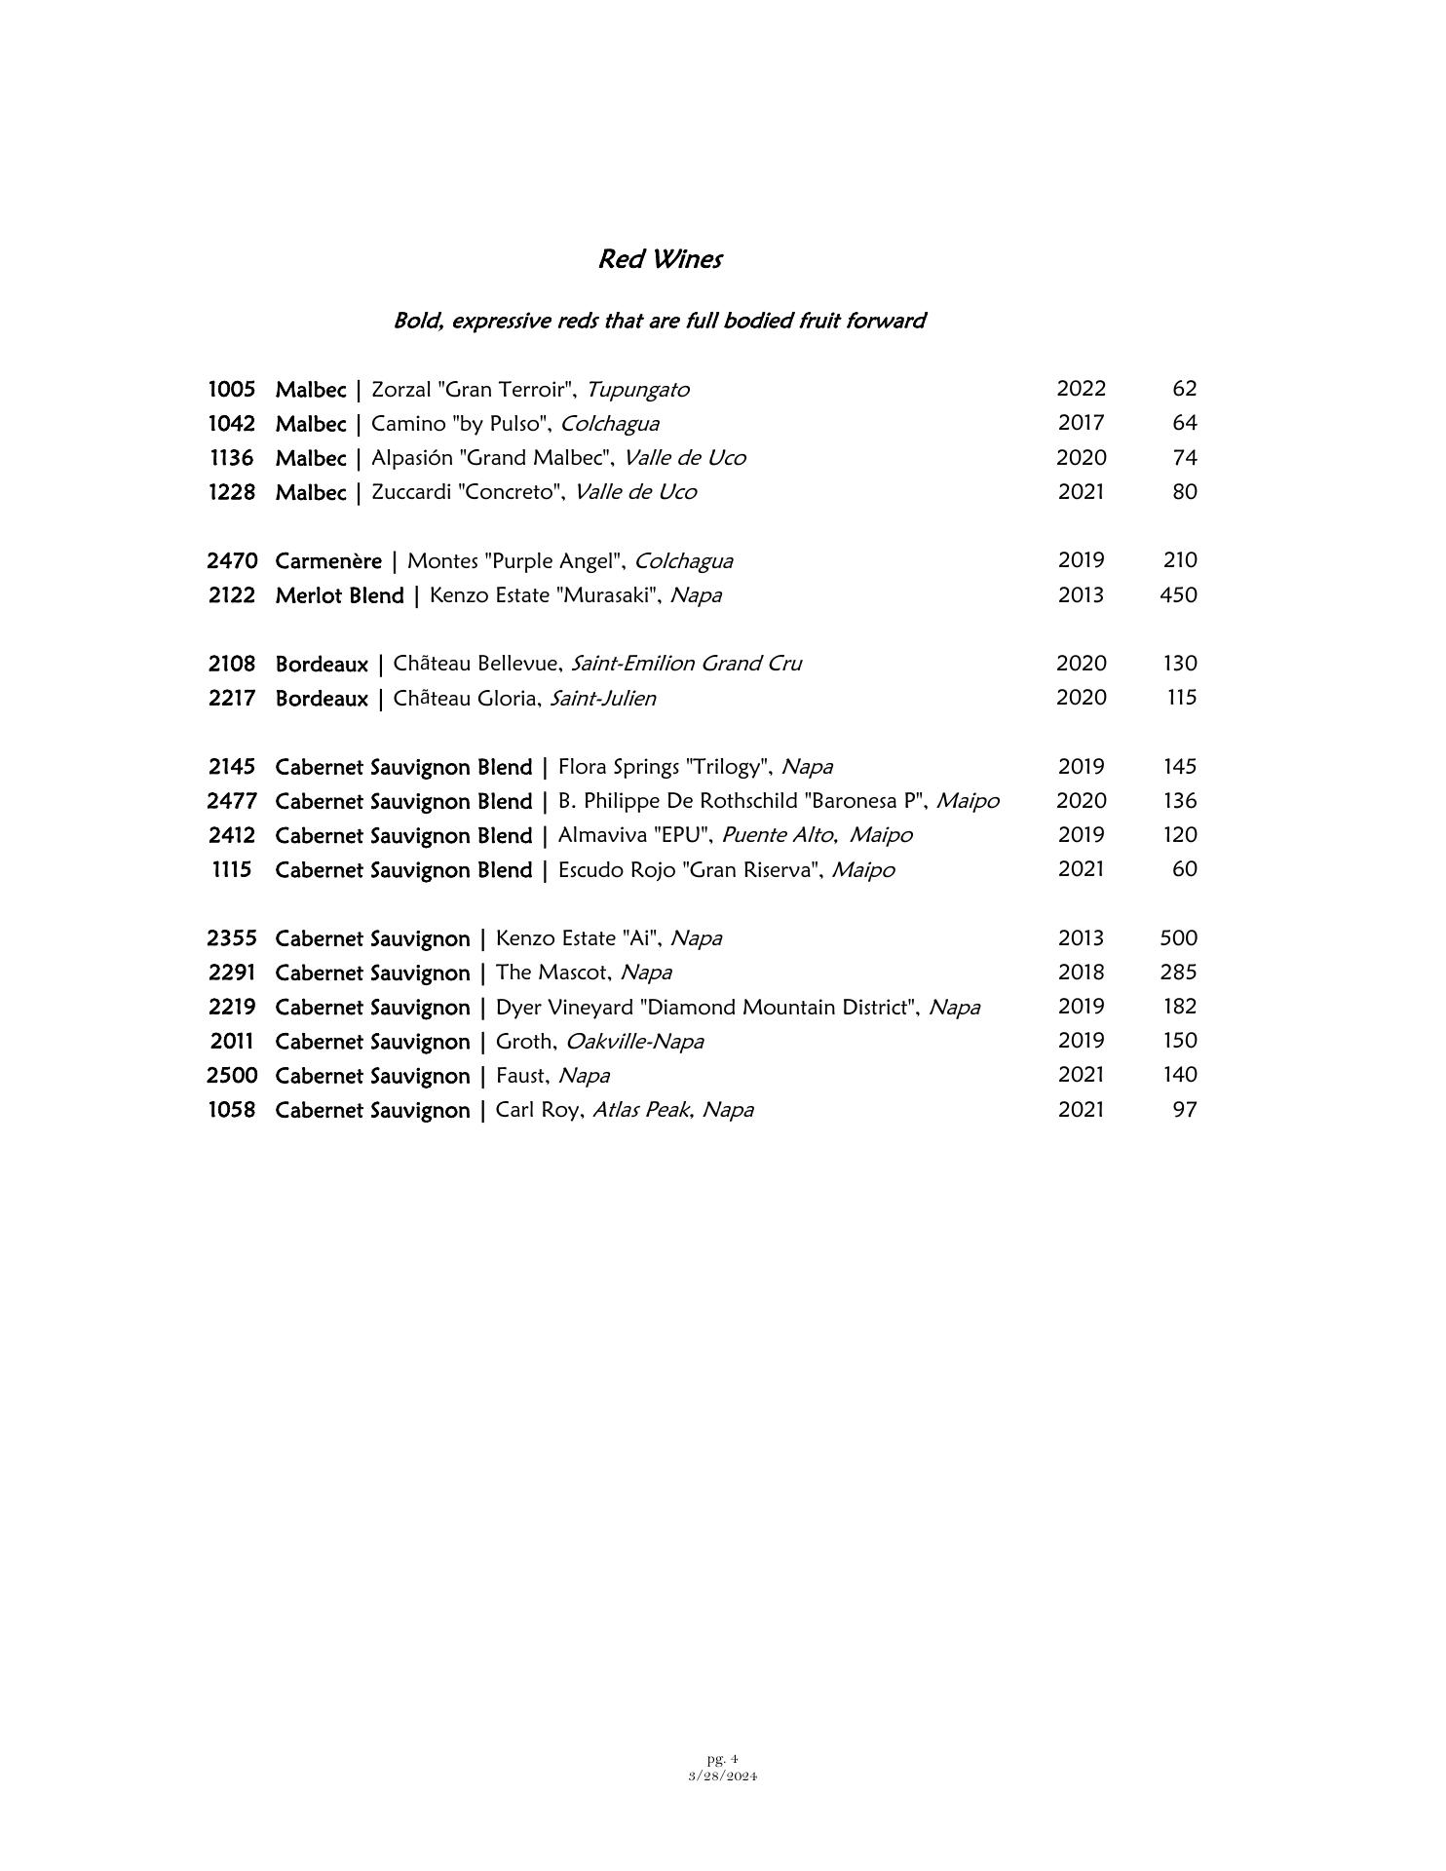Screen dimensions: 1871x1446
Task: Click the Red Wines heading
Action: tap(660, 259)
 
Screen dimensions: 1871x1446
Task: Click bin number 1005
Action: tap(231, 390)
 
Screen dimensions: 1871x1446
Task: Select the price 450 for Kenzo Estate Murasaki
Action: tap(1178, 594)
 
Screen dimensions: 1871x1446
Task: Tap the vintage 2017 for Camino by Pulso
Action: tap(1081, 423)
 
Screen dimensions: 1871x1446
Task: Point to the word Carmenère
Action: tap(328, 561)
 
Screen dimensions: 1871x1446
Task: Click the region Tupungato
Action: tap(637, 390)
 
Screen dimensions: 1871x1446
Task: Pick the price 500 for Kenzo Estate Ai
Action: tap(1178, 938)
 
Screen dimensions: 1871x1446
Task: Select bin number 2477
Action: tap(232, 801)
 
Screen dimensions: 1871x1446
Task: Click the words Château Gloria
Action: tap(465, 699)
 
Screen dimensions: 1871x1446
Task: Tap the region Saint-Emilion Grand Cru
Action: tap(686, 664)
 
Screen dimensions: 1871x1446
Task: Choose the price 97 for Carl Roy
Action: tap(1184, 1110)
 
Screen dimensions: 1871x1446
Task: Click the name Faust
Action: tap(523, 1076)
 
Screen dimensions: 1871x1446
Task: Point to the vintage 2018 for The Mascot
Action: tap(1081, 973)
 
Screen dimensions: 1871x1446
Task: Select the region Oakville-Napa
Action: tap(634, 1042)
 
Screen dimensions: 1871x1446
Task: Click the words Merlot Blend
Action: tap(339, 595)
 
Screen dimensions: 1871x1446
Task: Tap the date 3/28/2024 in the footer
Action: tap(722, 1776)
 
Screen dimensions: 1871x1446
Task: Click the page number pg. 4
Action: tap(722, 1759)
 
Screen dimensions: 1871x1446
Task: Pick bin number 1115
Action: tap(231, 870)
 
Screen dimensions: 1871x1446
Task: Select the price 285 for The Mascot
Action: tap(1178, 973)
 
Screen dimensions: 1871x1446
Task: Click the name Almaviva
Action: tap(595, 836)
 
